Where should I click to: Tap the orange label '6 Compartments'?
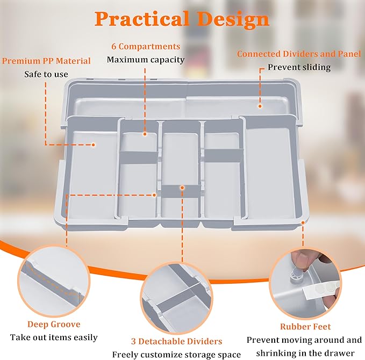click(x=145, y=47)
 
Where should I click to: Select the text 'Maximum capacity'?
click(x=145, y=59)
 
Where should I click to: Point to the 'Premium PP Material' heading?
click(x=46, y=61)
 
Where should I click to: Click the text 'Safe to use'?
click(x=46, y=74)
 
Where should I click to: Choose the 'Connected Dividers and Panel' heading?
click(x=299, y=54)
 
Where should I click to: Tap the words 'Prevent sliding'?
click(x=299, y=68)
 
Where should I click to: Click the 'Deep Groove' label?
click(x=54, y=324)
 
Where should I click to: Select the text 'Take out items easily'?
click(x=54, y=337)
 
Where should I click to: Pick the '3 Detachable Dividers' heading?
click(x=176, y=341)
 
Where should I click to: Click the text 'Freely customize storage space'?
click(x=176, y=354)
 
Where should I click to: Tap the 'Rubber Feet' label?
click(x=305, y=326)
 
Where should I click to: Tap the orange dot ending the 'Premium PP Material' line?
click(x=94, y=144)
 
